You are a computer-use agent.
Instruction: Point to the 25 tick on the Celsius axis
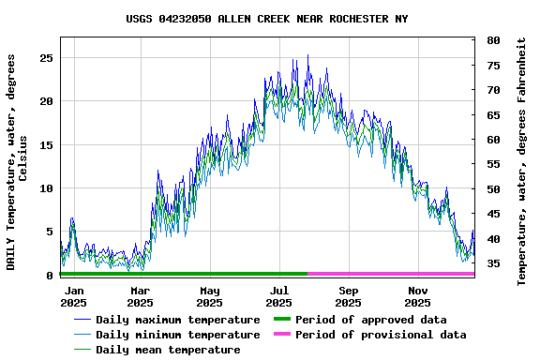(46, 58)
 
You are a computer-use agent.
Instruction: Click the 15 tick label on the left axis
(46, 145)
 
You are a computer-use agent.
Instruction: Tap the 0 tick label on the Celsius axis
(50, 276)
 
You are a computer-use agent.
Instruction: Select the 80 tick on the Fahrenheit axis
(492, 40)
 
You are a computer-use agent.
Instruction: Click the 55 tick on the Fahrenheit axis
(492, 164)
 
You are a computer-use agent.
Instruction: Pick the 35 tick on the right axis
(492, 263)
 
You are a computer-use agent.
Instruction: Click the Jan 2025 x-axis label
(73, 296)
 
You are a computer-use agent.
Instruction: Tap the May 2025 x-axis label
(210, 296)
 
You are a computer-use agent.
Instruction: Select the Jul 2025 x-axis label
(279, 296)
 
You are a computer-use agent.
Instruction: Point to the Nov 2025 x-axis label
(418, 296)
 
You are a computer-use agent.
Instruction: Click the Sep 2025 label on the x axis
(349, 296)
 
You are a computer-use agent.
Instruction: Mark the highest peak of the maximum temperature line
(307, 55)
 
